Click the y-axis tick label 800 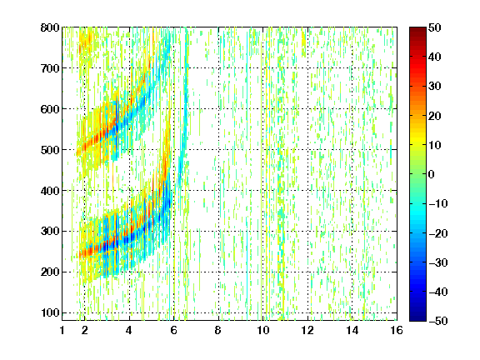tap(50, 27)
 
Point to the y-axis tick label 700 tap(50, 68)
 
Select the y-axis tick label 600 tap(50, 109)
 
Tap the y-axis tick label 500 tap(50, 150)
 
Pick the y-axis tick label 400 tap(50, 191)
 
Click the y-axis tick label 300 tap(50, 232)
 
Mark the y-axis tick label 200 tap(50, 272)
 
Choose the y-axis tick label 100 tap(50, 312)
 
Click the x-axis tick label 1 tap(62, 330)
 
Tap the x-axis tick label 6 tap(174, 330)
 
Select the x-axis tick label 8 tap(218, 330)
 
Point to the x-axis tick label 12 tap(307, 330)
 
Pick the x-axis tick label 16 tap(397, 330)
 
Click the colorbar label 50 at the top tap(435, 27)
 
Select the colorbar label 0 tap(432, 174)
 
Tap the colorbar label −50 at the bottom tap(438, 321)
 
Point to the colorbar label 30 tap(435, 87)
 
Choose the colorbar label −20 tap(438, 233)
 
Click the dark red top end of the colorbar tap(417, 29)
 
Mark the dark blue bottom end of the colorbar tap(417, 319)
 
